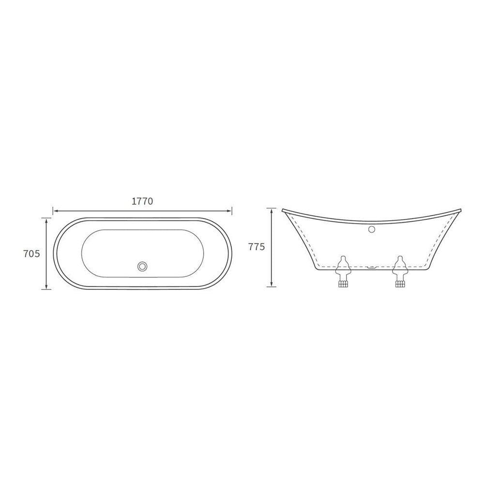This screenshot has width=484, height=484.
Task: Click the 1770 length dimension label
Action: tap(142, 201)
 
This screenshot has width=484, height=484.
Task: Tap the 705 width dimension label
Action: tap(32, 254)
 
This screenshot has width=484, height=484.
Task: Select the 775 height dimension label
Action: tap(257, 247)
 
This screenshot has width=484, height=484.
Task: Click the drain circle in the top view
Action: tap(142, 266)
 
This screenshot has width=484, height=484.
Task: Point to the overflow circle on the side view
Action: tap(372, 229)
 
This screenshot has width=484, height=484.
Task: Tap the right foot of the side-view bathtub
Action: tap(400, 272)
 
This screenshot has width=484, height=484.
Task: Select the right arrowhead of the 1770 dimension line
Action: tap(229, 211)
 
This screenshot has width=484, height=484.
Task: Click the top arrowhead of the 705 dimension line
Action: tap(46, 220)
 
